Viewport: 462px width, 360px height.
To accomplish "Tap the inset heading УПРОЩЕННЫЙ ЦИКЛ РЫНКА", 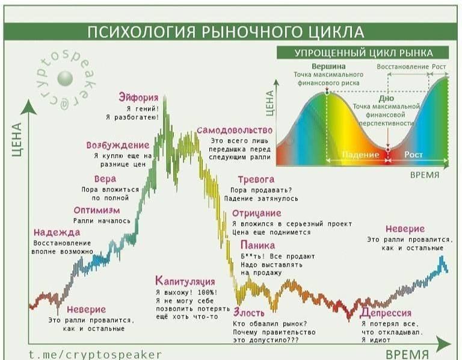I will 363,52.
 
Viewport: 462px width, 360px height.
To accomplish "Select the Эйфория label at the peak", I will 138,98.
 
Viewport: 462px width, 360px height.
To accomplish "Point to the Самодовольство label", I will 234,130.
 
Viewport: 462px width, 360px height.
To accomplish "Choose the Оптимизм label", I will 97,210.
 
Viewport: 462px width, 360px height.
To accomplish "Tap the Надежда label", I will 57,232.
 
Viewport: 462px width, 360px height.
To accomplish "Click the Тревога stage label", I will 256,179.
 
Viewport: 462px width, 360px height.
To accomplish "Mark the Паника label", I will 257,245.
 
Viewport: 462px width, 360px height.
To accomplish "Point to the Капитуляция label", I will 185,281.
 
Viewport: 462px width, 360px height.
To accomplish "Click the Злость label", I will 249,313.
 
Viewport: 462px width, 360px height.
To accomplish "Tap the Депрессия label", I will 386,313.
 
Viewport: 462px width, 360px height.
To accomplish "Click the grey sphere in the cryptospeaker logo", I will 64,78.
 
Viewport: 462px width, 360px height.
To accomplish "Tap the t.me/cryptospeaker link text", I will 95,354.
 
